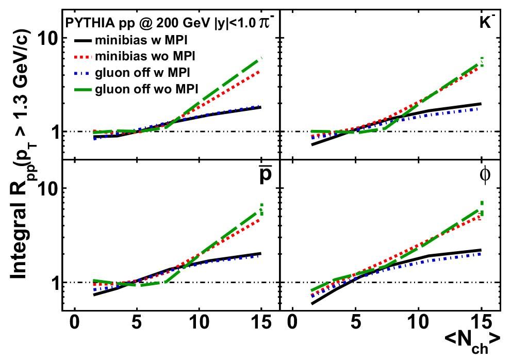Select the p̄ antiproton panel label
pyautogui.click(x=265, y=176)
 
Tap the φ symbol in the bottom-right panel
pyautogui.click(x=485, y=175)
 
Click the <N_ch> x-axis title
pyautogui.click(x=472, y=341)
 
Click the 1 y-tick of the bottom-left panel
pyautogui.click(x=52, y=283)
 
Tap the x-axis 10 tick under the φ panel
pyautogui.click(x=418, y=322)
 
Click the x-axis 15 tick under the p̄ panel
pyautogui.click(x=262, y=322)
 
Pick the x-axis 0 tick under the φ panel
pyautogui.click(x=292, y=322)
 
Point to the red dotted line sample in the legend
pyautogui.click(x=83, y=56)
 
